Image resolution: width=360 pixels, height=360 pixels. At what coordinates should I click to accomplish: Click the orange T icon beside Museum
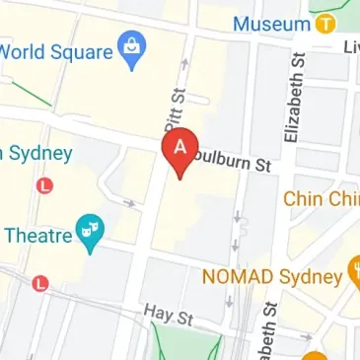[x=324, y=22]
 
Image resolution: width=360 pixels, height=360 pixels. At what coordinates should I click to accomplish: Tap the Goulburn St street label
[x=234, y=164]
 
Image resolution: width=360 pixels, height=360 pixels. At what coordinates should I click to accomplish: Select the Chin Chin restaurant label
[x=321, y=198]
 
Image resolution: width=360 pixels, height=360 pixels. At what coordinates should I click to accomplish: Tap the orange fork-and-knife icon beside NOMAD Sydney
[x=353, y=272]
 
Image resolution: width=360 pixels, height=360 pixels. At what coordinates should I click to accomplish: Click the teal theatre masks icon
[x=93, y=234]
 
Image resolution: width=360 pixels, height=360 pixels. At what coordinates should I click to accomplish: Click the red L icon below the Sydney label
[x=43, y=184]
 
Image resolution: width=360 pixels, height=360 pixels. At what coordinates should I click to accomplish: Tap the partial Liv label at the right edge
[x=350, y=47]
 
